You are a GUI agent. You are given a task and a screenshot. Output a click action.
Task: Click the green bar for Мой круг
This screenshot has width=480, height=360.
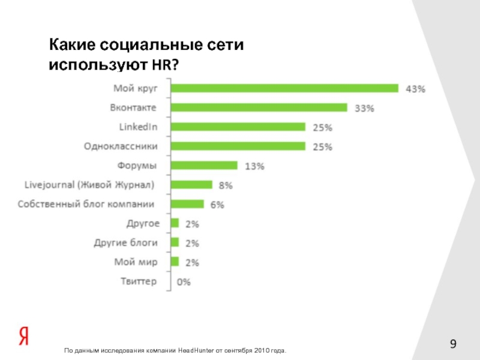tap(284, 88)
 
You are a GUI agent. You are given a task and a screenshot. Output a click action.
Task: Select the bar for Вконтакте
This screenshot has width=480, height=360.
tap(259, 107)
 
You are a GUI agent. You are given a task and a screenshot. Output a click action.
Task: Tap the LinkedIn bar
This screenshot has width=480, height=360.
tap(238, 127)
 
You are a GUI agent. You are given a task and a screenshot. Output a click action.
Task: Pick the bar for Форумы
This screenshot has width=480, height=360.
tap(204, 165)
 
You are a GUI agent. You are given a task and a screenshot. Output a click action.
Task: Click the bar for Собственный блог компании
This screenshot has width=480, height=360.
tap(187, 204)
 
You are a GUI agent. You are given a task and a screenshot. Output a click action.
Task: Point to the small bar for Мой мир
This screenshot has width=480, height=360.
tap(175, 262)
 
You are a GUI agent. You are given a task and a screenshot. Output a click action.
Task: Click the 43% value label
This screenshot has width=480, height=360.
tap(416, 89)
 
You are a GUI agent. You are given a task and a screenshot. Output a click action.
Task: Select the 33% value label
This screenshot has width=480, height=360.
tap(365, 108)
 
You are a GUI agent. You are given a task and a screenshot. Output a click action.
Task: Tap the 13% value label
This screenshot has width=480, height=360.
tap(254, 166)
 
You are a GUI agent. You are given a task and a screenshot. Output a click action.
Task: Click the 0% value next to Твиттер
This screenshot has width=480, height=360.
tap(184, 281)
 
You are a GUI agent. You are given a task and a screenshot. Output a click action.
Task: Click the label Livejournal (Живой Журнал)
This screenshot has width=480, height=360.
tap(89, 184)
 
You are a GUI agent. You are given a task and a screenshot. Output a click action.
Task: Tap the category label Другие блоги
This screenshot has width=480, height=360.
tap(126, 243)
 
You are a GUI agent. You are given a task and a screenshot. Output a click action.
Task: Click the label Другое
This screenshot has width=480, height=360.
tap(143, 223)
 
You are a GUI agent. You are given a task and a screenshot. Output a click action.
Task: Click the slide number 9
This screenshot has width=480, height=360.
tap(454, 344)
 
